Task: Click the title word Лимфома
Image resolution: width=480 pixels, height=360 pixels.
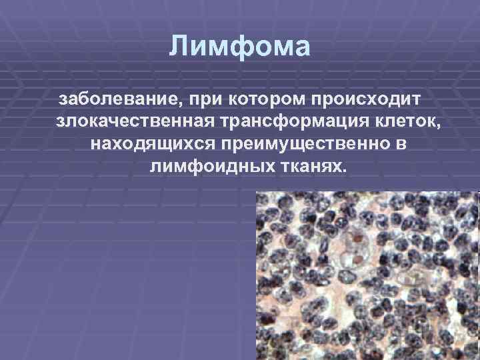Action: (x=240, y=47)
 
